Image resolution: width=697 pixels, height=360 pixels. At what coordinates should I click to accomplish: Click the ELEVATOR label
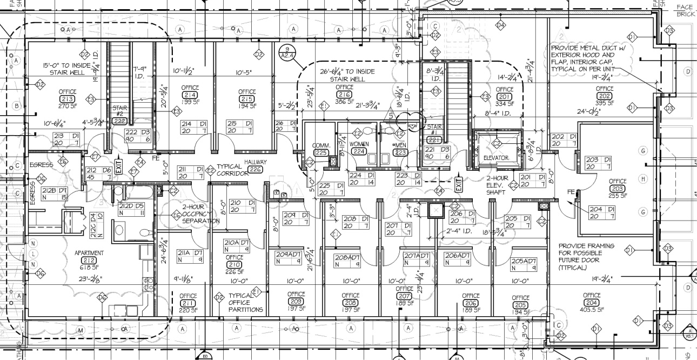[x=495, y=158]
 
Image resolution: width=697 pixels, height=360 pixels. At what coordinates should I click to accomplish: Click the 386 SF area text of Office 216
[x=344, y=102]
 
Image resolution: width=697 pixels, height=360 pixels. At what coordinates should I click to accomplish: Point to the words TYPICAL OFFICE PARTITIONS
[x=245, y=303]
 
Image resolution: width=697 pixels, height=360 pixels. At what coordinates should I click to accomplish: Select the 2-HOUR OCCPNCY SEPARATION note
[x=200, y=214]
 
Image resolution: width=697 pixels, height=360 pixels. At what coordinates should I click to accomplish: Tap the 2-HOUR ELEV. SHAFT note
[x=497, y=185]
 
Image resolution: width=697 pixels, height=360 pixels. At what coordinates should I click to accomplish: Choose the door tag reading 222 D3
[x=137, y=135]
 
